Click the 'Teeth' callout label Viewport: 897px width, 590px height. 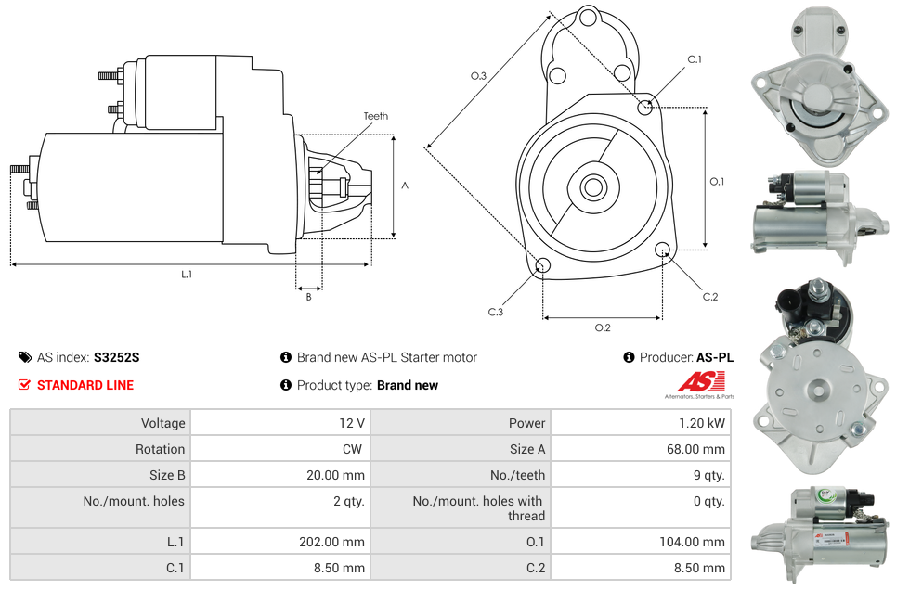click(375, 116)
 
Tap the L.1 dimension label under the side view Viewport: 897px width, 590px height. click(187, 275)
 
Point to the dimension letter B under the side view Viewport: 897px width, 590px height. click(309, 297)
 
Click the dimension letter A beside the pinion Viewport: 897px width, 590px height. click(405, 186)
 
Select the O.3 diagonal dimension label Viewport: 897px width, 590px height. click(478, 76)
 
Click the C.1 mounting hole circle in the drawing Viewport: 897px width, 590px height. click(644, 107)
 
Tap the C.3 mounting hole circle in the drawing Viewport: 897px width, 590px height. click(542, 265)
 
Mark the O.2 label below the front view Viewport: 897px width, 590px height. click(603, 327)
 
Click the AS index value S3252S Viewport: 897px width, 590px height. click(117, 357)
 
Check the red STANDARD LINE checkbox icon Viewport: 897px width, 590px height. click(24, 385)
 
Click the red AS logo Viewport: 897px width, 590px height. click(702, 381)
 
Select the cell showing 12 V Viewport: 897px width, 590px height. click(280, 423)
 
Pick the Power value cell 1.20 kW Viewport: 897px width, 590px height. click(641, 423)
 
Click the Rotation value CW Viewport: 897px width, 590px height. click(353, 449)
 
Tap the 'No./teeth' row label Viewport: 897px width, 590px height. click(517, 475)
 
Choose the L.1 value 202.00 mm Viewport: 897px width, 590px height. click(331, 542)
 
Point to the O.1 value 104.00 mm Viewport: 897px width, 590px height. click(692, 542)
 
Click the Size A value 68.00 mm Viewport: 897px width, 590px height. click(695, 449)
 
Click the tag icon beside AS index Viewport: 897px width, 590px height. click(25, 357)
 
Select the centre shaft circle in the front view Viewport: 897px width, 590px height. click(592, 187)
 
